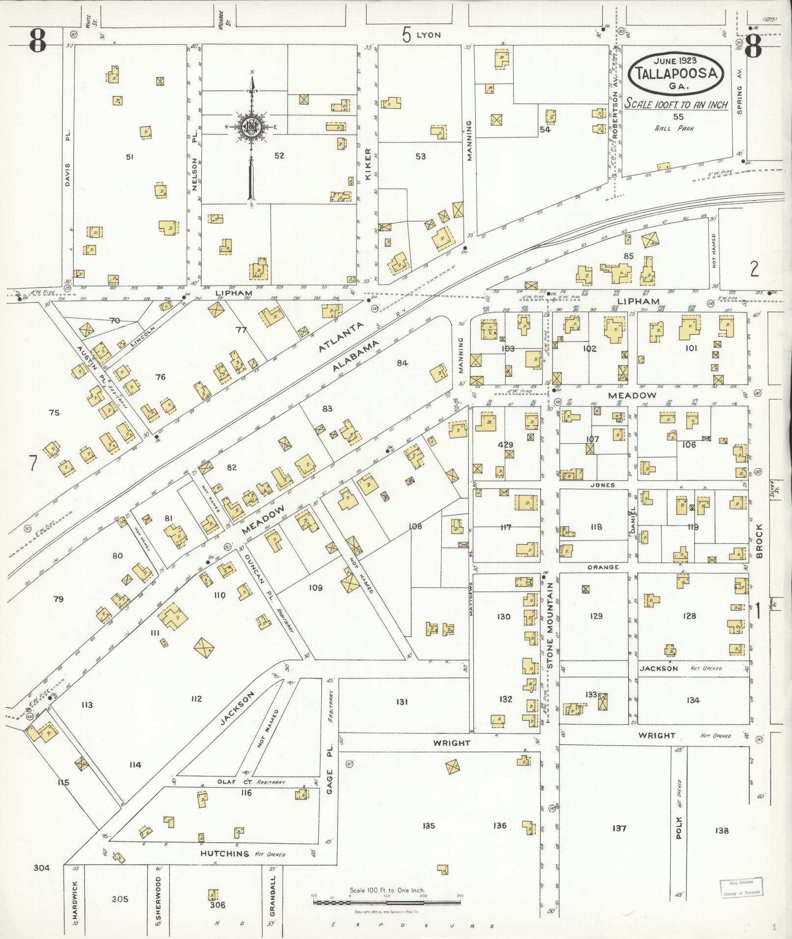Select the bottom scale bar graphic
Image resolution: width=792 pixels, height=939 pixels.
387,902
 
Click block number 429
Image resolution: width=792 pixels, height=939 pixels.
505,445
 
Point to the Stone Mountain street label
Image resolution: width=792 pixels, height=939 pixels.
550,625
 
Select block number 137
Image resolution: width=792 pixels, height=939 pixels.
619,829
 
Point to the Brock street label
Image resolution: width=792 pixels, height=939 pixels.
760,541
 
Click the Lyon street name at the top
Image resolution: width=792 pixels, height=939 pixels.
428,35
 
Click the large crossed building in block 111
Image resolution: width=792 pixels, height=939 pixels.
203,650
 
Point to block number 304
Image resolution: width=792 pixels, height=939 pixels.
42,867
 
